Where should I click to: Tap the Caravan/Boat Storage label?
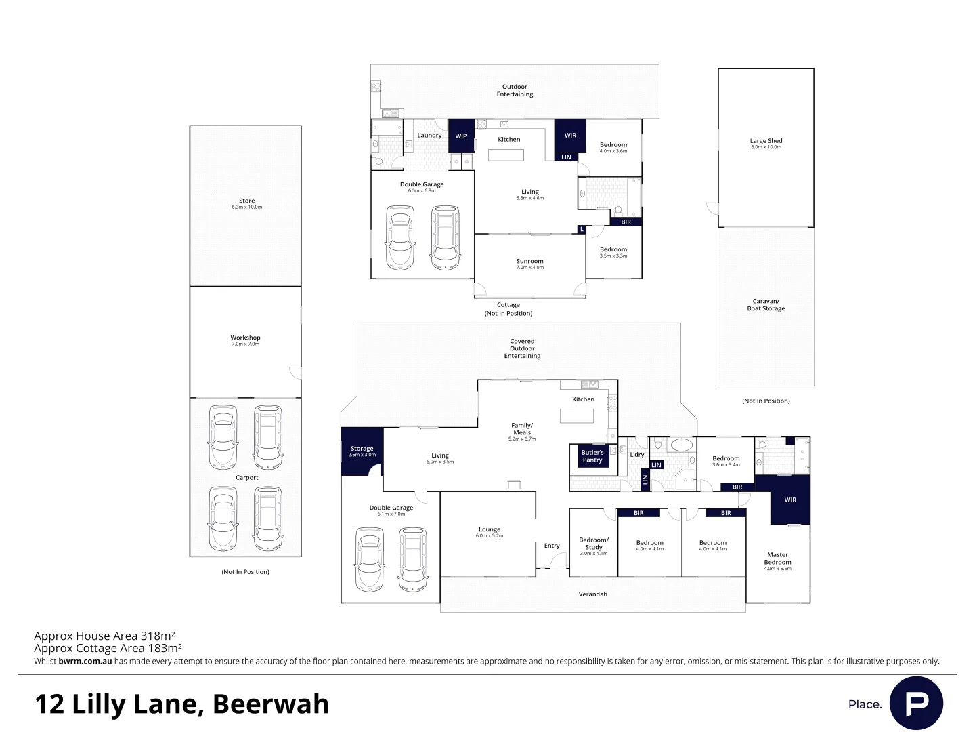pos(766,305)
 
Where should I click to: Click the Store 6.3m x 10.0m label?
pos(246,203)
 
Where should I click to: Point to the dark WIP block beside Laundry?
pos(461,136)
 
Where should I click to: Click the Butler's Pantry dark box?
pos(592,456)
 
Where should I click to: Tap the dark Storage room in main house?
pos(362,451)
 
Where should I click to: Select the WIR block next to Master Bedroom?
pos(790,500)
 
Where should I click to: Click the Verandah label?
pos(592,594)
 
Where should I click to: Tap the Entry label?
pos(552,546)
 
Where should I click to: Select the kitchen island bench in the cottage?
pos(506,155)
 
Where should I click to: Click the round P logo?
pos(916,703)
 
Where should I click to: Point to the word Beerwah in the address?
pos(271,704)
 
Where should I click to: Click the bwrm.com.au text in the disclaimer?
pos(85,661)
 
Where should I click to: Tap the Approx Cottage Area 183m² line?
pos(108,648)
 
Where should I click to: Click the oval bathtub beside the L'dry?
pos(681,445)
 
